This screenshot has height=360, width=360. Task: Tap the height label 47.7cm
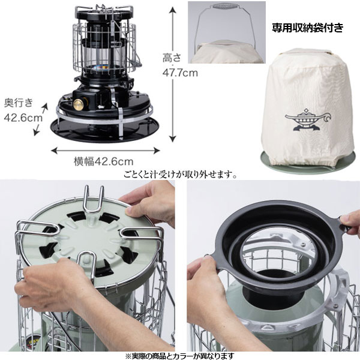click(180, 73)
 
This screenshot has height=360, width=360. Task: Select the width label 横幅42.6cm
click(103, 161)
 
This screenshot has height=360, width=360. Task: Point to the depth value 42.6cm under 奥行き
click(23, 118)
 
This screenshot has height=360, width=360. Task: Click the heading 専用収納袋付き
click(308, 28)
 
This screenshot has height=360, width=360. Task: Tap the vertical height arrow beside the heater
click(173, 74)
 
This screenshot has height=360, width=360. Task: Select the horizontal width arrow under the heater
click(106, 151)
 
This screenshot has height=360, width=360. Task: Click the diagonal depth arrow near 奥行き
click(41, 119)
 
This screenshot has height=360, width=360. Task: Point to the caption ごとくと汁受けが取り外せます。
click(181, 175)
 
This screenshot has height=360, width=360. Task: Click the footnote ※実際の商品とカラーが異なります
click(180, 356)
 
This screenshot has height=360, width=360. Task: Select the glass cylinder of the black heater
click(104, 56)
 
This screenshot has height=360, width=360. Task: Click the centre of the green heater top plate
click(90, 239)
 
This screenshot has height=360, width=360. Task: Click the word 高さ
click(172, 58)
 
